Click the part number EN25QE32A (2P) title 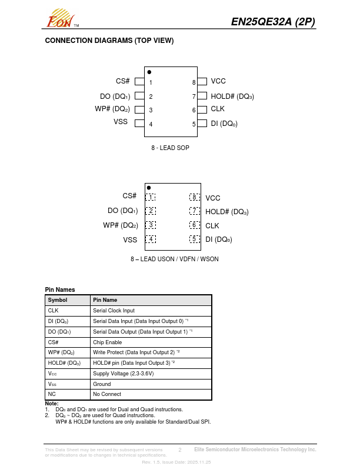[x=273, y=22]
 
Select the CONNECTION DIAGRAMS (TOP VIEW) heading [x=109, y=41]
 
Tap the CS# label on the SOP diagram [x=123, y=81]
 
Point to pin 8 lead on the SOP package [x=202, y=82]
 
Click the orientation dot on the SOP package [x=149, y=72]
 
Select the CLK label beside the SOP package [x=218, y=109]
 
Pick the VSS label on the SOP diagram [x=121, y=122]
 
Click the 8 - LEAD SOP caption [x=170, y=148]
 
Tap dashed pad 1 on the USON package [x=151, y=197]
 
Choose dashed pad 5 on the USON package [x=194, y=239]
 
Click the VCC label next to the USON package [x=213, y=198]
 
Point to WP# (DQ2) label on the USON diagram [x=121, y=225]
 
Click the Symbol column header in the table [x=58, y=300]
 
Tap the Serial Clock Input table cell [x=114, y=311]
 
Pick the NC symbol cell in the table [x=52, y=395]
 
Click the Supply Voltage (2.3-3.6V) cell [x=123, y=374]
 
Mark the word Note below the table [x=52, y=404]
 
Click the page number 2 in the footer [x=179, y=450]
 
